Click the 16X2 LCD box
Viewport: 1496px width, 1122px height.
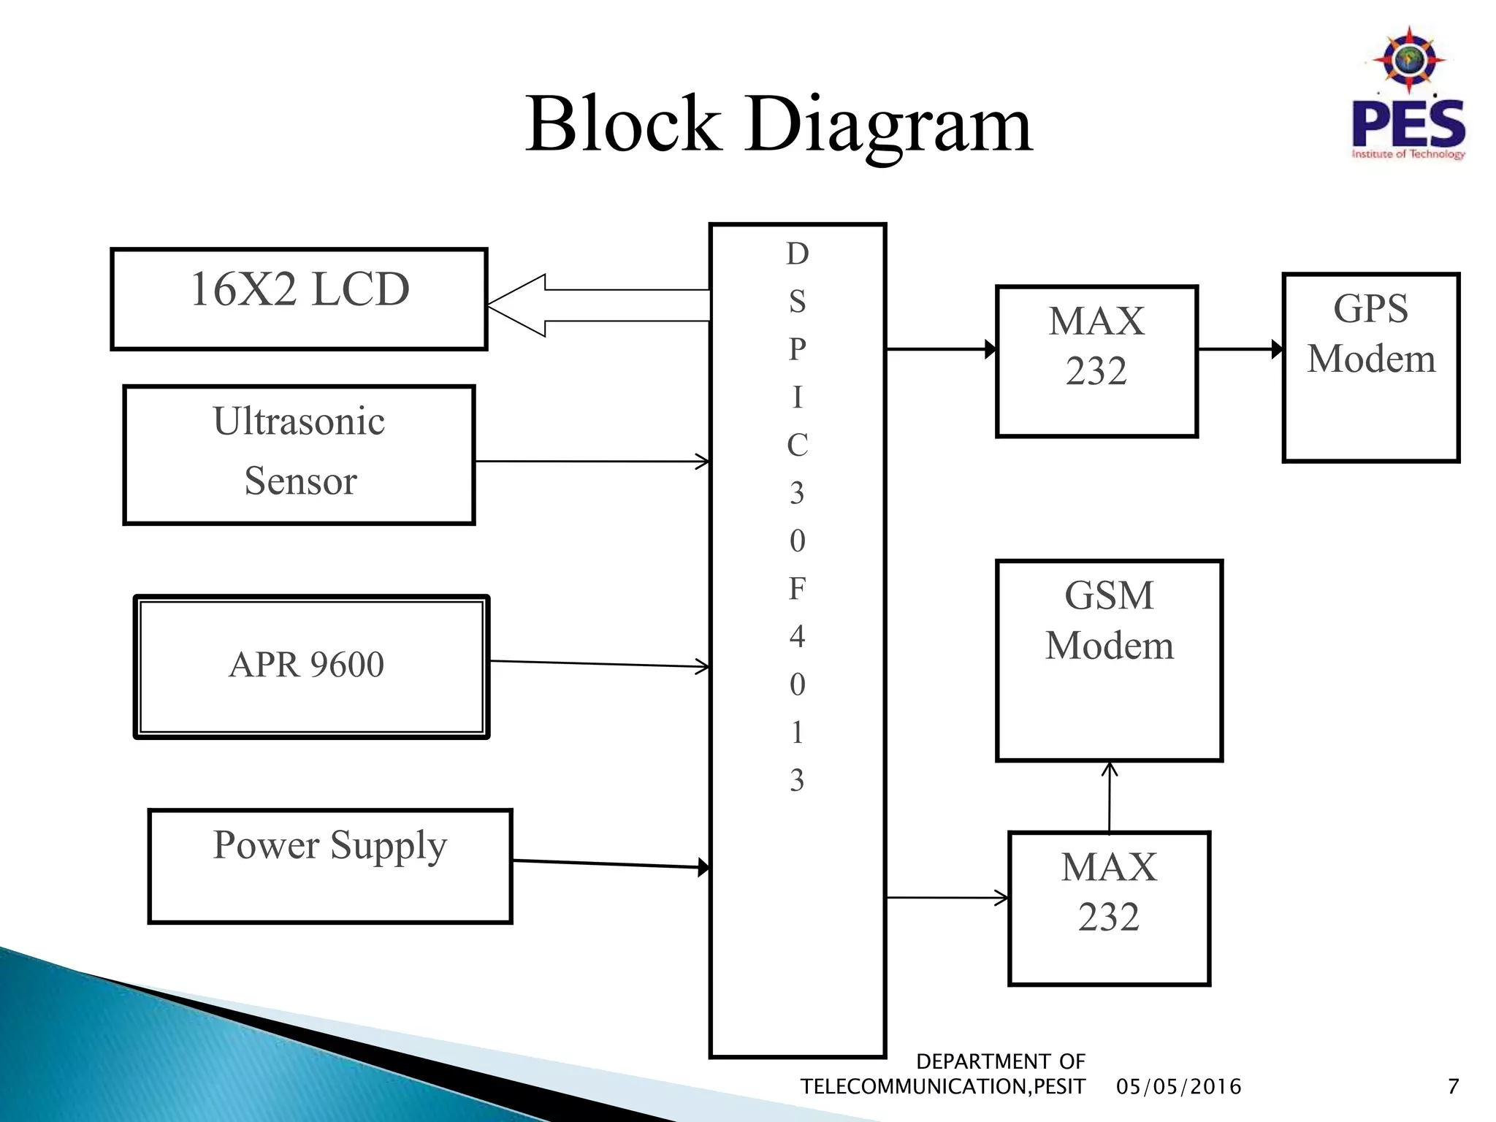click(x=299, y=299)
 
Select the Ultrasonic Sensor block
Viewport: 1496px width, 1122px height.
click(x=299, y=454)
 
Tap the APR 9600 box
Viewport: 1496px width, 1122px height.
click(x=311, y=666)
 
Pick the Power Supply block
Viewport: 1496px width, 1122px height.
click(x=329, y=866)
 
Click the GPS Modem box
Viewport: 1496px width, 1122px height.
click(x=1370, y=367)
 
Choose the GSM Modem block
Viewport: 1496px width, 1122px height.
click(x=1108, y=660)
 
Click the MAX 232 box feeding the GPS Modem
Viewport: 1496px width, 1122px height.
click(x=1096, y=362)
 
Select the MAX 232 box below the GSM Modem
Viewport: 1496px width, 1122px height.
click(x=1108, y=908)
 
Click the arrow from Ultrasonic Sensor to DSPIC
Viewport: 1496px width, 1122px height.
click(x=592, y=462)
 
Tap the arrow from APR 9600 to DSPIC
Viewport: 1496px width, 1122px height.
click(x=599, y=663)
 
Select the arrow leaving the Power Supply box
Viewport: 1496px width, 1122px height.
click(x=611, y=864)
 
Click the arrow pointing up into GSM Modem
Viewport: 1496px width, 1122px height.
click(x=1109, y=796)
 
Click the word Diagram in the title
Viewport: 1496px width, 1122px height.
click(x=888, y=126)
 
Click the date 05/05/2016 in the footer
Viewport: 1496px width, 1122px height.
click(x=1178, y=1087)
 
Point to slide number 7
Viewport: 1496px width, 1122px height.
click(x=1453, y=1087)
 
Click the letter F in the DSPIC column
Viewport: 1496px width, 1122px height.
click(x=797, y=589)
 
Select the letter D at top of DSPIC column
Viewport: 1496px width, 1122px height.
click(x=797, y=254)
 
